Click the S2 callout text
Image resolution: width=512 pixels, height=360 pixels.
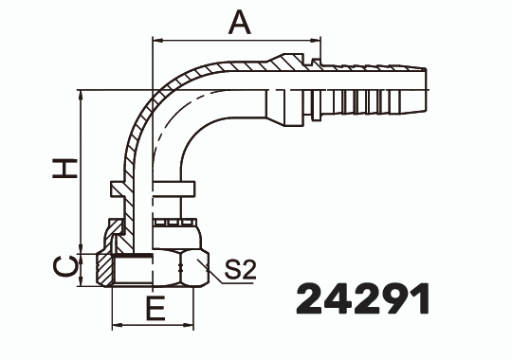[240, 271]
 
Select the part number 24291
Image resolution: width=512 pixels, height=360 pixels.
[363, 298]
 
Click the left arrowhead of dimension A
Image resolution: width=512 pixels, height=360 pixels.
[157, 41]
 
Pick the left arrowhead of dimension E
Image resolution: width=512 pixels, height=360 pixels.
[118, 325]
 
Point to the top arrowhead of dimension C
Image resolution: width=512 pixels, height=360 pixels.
[83, 254]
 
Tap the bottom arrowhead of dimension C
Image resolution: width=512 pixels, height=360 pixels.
[83, 284]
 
